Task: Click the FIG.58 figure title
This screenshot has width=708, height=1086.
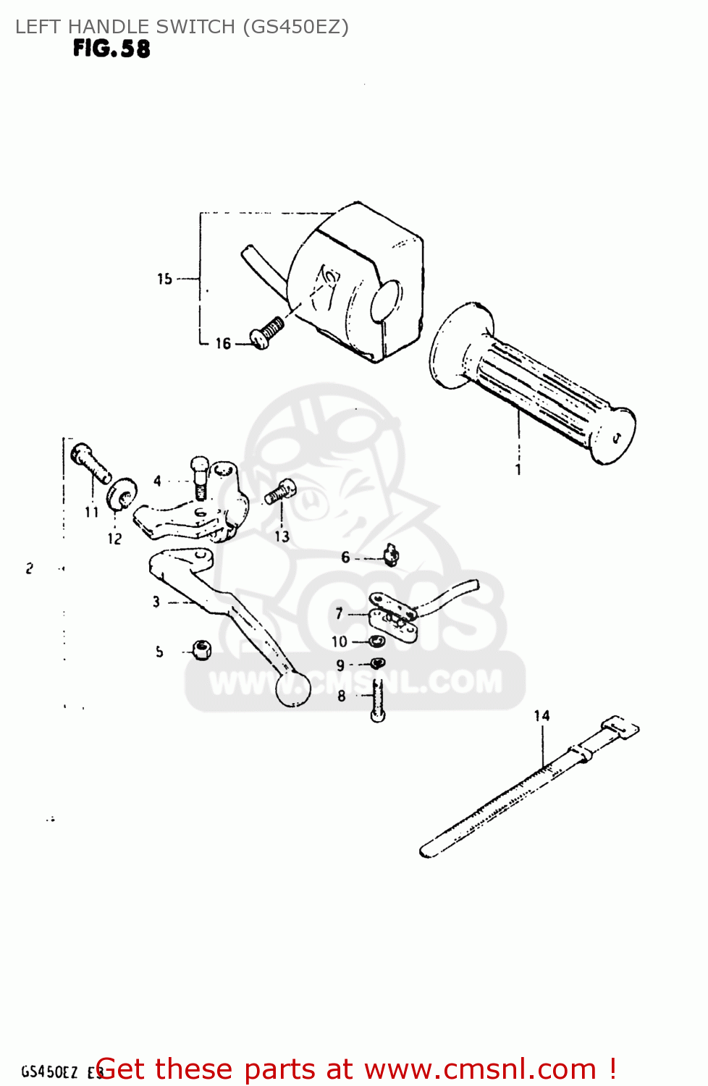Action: click(x=111, y=49)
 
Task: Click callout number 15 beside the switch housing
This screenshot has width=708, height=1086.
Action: click(x=165, y=279)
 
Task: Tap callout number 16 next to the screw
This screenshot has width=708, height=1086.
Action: click(x=223, y=344)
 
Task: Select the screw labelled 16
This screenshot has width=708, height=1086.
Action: click(x=266, y=332)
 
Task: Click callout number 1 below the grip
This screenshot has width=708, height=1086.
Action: click(x=518, y=469)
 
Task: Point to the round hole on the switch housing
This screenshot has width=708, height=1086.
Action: click(x=386, y=301)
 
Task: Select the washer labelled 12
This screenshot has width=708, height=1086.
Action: click(x=122, y=494)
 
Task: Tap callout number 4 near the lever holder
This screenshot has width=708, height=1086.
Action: click(x=158, y=481)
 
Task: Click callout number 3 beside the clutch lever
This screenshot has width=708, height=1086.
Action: click(x=156, y=601)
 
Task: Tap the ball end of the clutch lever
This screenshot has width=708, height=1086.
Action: click(x=293, y=688)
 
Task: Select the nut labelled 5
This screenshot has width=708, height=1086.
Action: click(x=202, y=649)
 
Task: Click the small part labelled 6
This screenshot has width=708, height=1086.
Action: click(x=392, y=555)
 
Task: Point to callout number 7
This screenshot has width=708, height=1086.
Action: click(x=339, y=614)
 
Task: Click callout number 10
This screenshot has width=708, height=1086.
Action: click(x=339, y=641)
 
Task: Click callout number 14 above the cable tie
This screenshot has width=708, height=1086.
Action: click(x=541, y=715)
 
